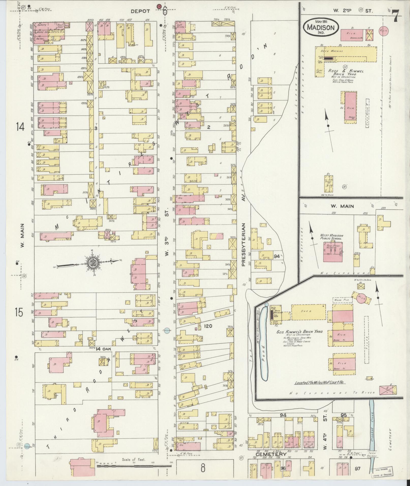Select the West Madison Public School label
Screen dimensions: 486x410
coord(331,237)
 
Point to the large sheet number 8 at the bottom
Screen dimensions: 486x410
coord(203,468)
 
